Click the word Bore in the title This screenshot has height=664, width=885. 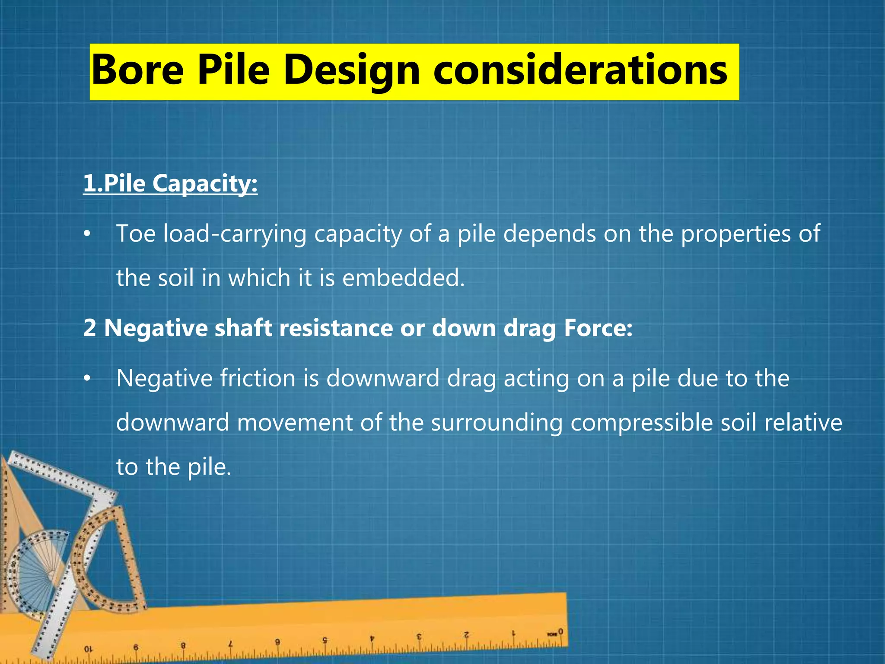click(x=138, y=70)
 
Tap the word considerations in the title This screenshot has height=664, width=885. click(x=580, y=70)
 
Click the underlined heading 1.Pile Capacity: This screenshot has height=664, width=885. click(x=170, y=183)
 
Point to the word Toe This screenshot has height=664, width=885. click(x=136, y=233)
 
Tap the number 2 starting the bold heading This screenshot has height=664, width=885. click(x=89, y=328)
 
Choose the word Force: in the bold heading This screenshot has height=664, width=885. click(x=598, y=328)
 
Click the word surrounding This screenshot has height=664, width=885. click(x=497, y=422)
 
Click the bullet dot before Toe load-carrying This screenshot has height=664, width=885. click(x=87, y=234)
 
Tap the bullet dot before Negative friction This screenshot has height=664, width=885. click(x=87, y=379)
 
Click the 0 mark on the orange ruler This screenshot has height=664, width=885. click(x=560, y=632)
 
